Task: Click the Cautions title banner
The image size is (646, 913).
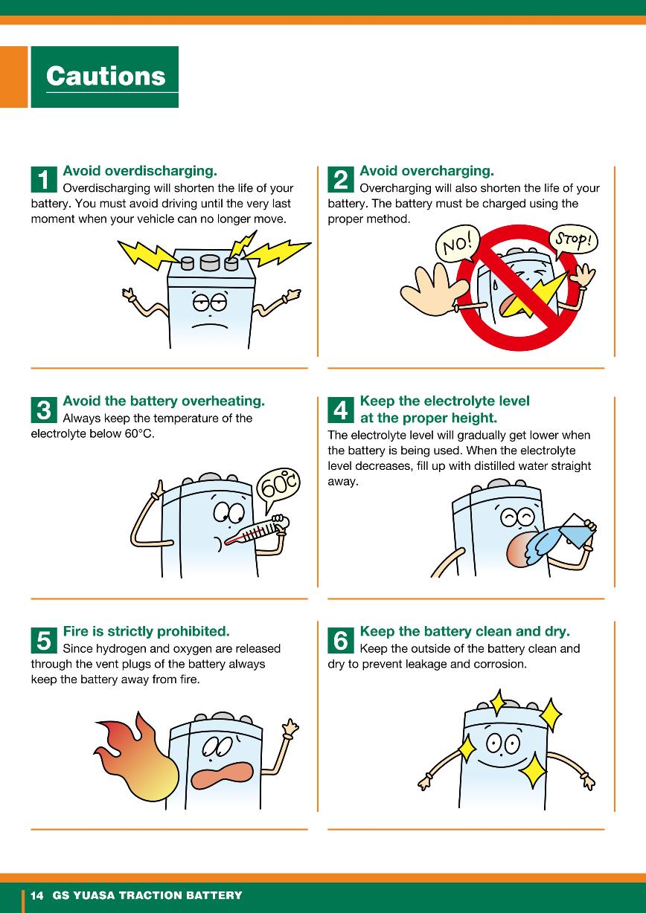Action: [x=105, y=77]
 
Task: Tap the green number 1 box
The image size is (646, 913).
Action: [x=44, y=179]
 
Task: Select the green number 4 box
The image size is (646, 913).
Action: [x=341, y=410]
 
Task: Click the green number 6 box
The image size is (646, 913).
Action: [x=341, y=640]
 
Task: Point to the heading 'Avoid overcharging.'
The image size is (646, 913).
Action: [x=426, y=171]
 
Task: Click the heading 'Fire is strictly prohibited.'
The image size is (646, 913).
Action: [x=146, y=631]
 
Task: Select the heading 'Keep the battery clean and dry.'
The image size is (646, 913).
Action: [x=465, y=631]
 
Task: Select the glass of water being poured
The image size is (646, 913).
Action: [x=577, y=530]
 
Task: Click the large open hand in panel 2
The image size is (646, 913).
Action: [x=432, y=289]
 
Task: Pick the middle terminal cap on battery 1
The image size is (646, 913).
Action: [x=210, y=262]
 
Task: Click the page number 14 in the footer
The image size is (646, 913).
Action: [x=37, y=895]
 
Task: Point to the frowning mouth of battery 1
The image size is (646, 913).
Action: [x=211, y=326]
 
